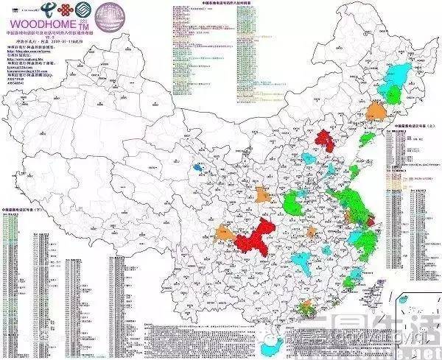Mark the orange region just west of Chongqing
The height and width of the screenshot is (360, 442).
click(224, 234)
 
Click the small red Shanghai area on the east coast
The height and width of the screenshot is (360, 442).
click(369, 220)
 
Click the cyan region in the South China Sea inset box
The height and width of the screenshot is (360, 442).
click(404, 300)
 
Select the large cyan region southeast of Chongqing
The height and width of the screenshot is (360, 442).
click(302, 259)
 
